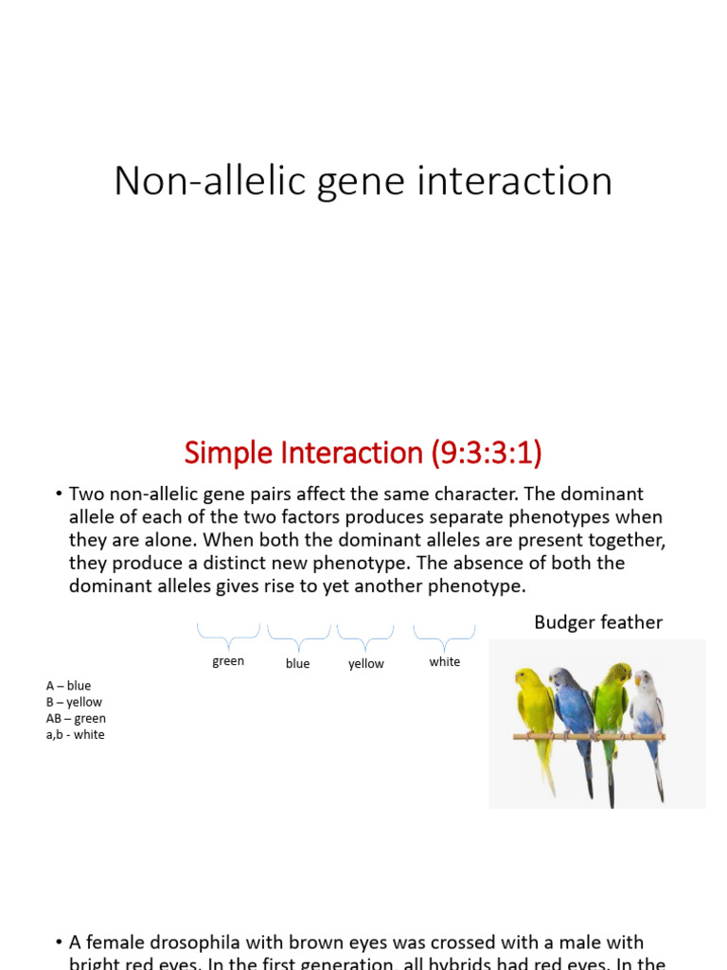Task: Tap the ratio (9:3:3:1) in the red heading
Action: (486, 453)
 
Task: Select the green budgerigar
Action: (611, 710)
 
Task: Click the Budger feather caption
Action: (598, 622)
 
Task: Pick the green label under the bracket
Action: (228, 661)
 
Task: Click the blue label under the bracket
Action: (297, 664)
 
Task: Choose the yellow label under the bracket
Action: (365, 664)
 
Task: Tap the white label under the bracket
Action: (444, 662)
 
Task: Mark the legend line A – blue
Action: (68, 686)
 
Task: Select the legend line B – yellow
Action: (74, 702)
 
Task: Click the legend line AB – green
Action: (76, 718)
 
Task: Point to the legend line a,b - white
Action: (76, 734)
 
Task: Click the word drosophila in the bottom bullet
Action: (188, 943)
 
